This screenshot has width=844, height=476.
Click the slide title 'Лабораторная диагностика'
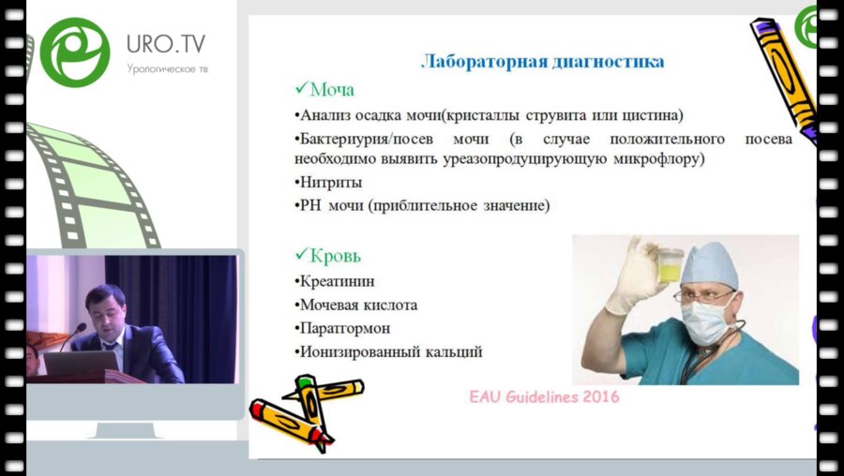click(542, 61)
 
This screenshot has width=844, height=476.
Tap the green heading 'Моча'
click(332, 89)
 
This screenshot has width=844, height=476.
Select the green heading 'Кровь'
click(336, 256)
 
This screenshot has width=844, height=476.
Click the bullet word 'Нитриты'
click(330, 183)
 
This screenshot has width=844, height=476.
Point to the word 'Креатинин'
click(337, 281)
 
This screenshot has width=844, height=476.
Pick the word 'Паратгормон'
click(344, 328)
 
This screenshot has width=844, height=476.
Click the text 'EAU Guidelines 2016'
click(544, 397)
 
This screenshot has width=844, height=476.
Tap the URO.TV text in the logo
click(166, 43)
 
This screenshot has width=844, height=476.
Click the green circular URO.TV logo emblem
click(75, 52)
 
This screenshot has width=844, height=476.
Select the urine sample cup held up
click(670, 264)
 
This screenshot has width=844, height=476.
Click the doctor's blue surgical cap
click(709, 264)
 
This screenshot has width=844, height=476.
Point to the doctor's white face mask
click(707, 321)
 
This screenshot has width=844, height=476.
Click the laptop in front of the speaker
click(81, 363)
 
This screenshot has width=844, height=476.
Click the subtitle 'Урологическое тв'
click(168, 68)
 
